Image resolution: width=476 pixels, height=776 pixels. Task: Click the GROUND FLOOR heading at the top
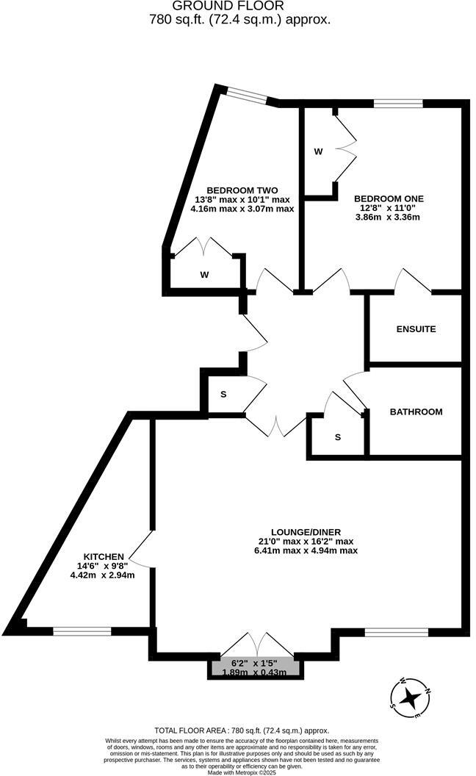coord(239,6)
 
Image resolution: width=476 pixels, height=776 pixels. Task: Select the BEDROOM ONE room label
coord(389,198)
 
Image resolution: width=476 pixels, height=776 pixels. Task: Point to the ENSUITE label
coord(416,329)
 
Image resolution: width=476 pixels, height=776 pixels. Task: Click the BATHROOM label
coord(416,412)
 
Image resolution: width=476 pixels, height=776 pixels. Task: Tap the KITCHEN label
coord(103,556)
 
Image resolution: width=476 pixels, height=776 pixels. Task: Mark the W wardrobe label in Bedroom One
coord(318,152)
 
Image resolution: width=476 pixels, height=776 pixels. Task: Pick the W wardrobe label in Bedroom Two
coord(205,275)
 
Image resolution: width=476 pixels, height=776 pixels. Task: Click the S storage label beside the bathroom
coord(338,437)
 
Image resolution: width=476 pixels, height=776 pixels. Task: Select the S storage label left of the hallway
coord(223,395)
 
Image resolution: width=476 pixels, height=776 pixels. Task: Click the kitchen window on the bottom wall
coord(82,630)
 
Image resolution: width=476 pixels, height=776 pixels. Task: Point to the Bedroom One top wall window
coord(398,104)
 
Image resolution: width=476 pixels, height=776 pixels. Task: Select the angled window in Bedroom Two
coord(246,94)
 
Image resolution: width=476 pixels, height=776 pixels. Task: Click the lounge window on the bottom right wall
coord(397,631)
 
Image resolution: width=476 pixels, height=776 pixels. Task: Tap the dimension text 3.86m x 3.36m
coord(389,218)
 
